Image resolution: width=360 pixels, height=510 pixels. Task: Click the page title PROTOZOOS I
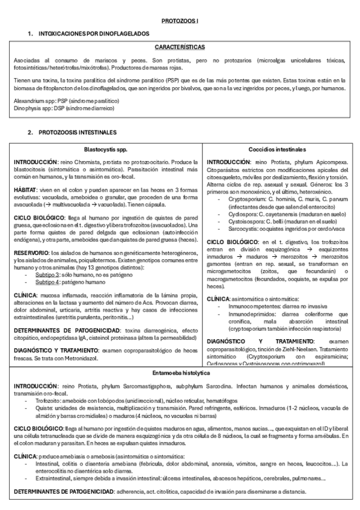180,21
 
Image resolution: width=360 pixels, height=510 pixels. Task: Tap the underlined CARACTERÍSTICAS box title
180,46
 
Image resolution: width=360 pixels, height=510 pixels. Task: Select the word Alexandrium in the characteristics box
28,101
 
